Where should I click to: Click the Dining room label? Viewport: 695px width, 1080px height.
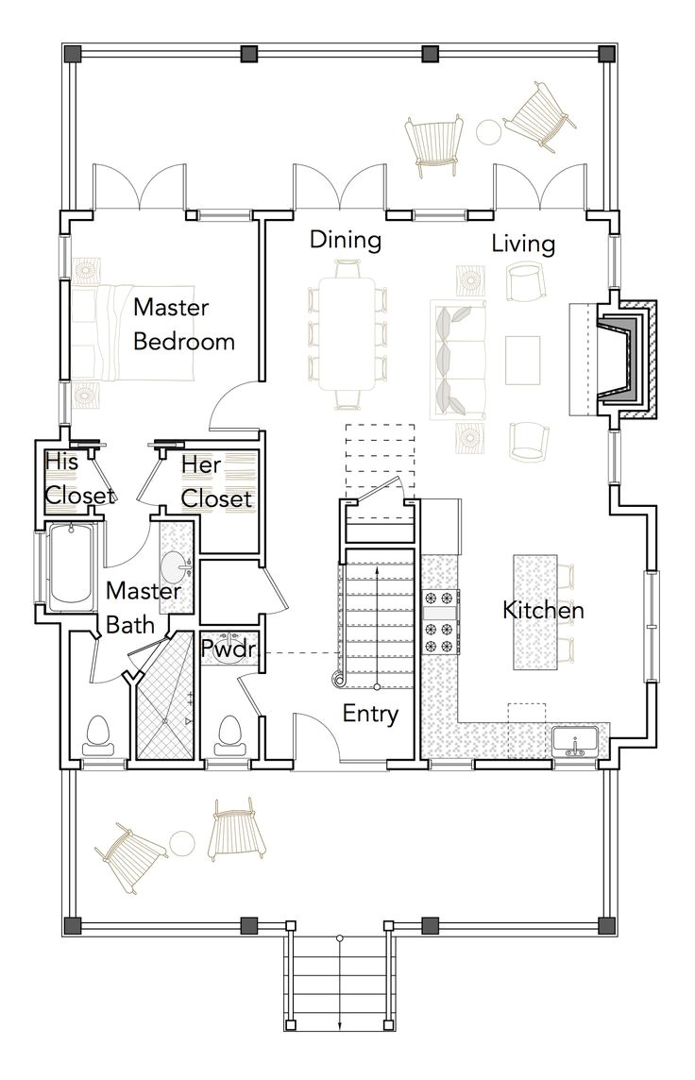pyautogui.click(x=346, y=241)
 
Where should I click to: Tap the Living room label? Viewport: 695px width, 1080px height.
pyautogui.click(x=522, y=244)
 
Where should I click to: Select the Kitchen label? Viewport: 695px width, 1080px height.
pyautogui.click(x=543, y=610)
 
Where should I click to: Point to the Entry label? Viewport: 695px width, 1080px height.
pyautogui.click(x=370, y=714)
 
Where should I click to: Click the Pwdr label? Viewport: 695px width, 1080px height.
pyautogui.click(x=225, y=649)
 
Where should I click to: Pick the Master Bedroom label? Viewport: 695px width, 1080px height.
pyautogui.click(x=183, y=324)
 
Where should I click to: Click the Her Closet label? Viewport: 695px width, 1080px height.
pyautogui.click(x=216, y=481)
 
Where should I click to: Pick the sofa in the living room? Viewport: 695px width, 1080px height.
pyautogui.click(x=451, y=360)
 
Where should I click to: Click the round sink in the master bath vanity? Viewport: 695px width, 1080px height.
pyautogui.click(x=175, y=569)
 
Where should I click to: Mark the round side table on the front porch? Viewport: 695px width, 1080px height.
pyautogui.click(x=182, y=841)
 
